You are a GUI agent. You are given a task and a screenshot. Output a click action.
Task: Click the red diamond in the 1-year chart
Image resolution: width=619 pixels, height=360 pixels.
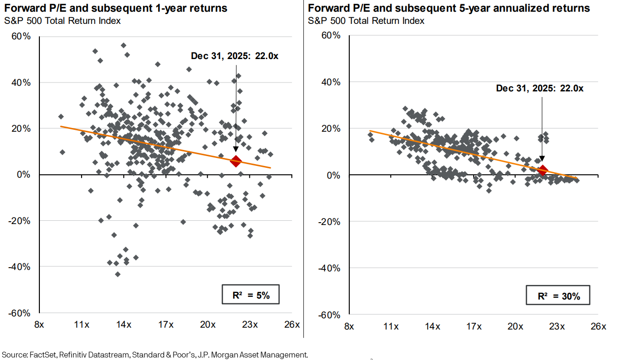point(235,161)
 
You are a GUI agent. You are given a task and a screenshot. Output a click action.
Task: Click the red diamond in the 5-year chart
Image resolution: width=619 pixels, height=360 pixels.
point(543,171)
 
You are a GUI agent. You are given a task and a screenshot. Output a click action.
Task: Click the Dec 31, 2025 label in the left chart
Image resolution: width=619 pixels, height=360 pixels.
point(234,56)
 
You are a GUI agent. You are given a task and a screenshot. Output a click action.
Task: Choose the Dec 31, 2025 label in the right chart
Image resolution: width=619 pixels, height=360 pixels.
point(540,88)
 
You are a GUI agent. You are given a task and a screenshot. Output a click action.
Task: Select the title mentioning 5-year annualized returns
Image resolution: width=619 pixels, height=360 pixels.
point(449,8)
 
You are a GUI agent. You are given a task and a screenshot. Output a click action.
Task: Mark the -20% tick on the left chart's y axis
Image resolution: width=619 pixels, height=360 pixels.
point(21,221)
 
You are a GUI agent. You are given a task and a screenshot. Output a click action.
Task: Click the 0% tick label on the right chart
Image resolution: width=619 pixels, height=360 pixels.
point(334,175)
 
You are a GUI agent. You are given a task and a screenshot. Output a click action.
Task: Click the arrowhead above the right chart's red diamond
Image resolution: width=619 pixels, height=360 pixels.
point(542,159)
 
